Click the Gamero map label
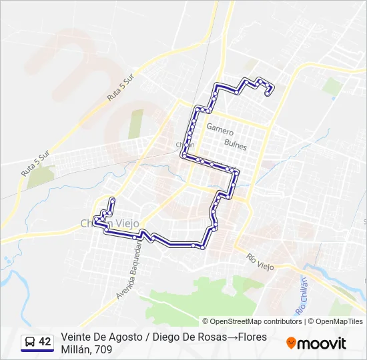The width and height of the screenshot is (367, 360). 220,127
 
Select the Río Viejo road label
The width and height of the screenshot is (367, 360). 260,261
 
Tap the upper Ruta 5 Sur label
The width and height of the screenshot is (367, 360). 121,87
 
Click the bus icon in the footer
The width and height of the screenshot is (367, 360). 30,342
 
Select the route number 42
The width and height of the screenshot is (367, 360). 45,342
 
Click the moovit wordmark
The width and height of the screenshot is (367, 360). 322,343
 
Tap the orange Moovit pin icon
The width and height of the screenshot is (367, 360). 291,343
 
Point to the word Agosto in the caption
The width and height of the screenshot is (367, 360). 123,337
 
